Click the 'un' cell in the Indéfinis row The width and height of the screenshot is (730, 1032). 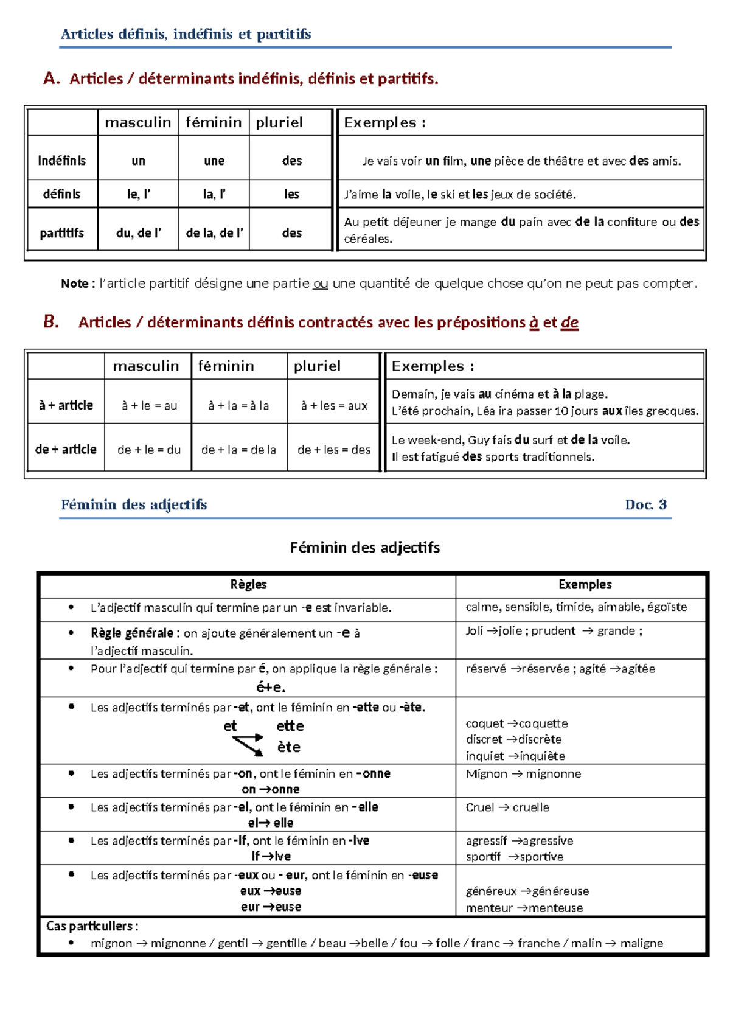pos(139,161)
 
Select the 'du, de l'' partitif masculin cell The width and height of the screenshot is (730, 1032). pos(139,233)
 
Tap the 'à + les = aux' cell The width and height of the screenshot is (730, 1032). pos(334,406)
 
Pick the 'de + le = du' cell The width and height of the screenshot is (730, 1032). pos(149,450)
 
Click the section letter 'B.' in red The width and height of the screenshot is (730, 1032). pos(51,322)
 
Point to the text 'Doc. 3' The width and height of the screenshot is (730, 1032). pos(645,504)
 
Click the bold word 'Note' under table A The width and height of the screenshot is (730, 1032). pos(74,284)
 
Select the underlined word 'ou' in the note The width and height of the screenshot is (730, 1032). pos(320,284)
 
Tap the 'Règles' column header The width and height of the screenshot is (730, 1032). pos(248,585)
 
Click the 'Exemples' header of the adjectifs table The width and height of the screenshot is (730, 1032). pos(585,585)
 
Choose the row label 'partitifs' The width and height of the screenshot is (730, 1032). pos(61,233)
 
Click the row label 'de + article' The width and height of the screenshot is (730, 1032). pos(66,450)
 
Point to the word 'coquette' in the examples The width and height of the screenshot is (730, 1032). pos(543,723)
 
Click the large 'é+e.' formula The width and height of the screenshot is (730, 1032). pos(271,688)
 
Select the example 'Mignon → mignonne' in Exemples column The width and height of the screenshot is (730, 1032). pos(523,774)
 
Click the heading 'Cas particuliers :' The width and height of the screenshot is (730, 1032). pos(92,926)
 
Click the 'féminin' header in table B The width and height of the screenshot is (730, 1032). pos(226,366)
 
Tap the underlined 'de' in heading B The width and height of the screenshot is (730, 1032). pos(569,322)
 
